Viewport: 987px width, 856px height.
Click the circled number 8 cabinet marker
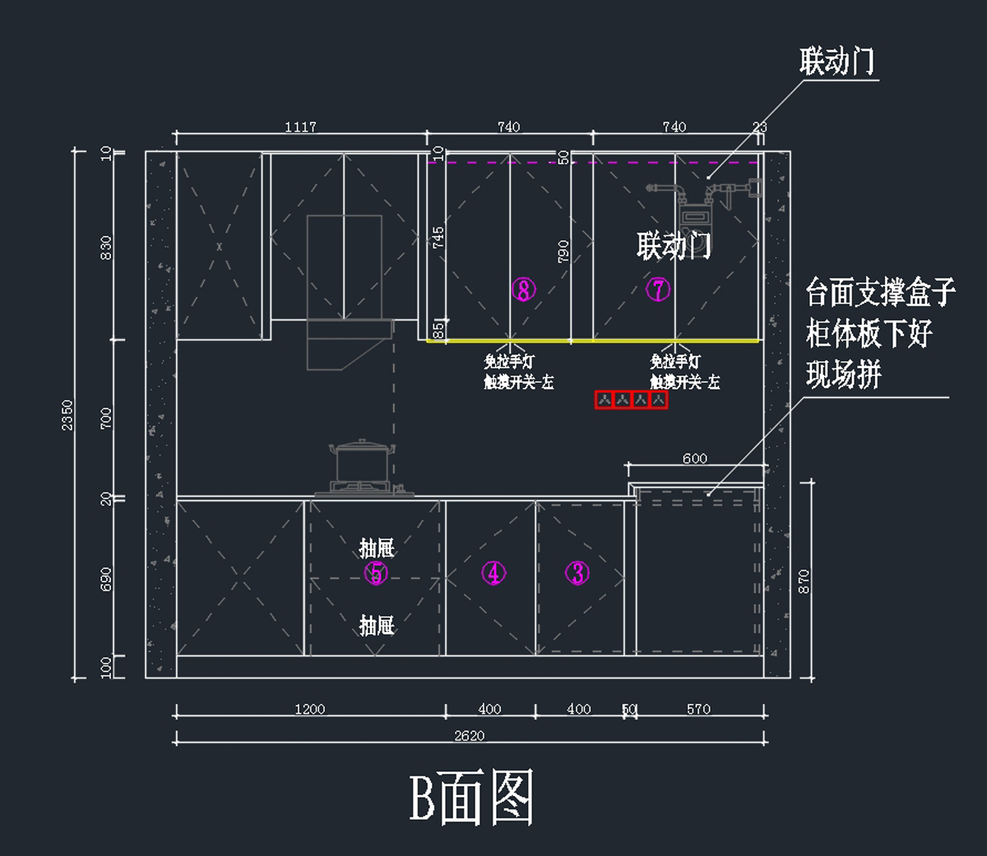pyautogui.click(x=523, y=289)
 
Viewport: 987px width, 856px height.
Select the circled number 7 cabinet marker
pyautogui.click(x=658, y=289)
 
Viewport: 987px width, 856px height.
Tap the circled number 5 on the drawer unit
pyautogui.click(x=376, y=573)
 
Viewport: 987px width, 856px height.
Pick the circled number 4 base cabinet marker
pyautogui.click(x=493, y=573)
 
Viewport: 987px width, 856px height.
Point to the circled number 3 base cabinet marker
pyautogui.click(x=577, y=573)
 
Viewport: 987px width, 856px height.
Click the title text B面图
pyautogui.click(x=471, y=797)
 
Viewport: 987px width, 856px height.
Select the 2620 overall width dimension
pyautogui.click(x=470, y=736)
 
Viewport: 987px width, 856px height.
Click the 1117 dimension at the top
pyautogui.click(x=300, y=127)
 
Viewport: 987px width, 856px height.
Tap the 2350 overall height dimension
pyautogui.click(x=67, y=415)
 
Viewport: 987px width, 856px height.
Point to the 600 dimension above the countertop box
pyautogui.click(x=695, y=458)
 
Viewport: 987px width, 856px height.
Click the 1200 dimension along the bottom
pyautogui.click(x=310, y=709)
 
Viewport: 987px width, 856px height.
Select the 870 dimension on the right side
pyautogui.click(x=804, y=581)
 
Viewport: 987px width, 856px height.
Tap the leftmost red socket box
pyautogui.click(x=605, y=400)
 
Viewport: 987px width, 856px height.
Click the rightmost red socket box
pyautogui.click(x=659, y=400)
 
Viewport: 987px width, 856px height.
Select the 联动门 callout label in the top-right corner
pyautogui.click(x=836, y=62)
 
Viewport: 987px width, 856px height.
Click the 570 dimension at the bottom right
pyautogui.click(x=698, y=709)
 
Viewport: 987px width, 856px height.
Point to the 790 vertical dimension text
pyautogui.click(x=563, y=251)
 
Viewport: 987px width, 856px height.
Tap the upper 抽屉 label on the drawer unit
pyautogui.click(x=377, y=548)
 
